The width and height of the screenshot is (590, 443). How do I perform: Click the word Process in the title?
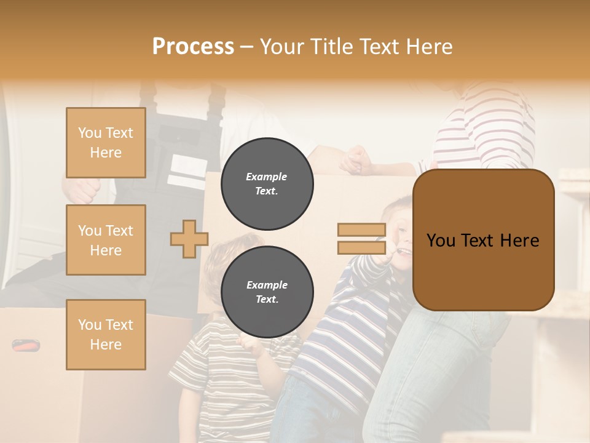point(193,47)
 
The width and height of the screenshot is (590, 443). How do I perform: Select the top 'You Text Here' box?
point(106,143)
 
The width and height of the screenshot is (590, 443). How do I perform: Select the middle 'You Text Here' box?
point(106,240)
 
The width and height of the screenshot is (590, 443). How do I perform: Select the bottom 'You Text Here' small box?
point(106,334)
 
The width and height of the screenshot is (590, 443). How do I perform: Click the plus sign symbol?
point(189,239)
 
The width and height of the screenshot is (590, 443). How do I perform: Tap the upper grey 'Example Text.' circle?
point(267,184)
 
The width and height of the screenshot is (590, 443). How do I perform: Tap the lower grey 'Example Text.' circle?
point(267,292)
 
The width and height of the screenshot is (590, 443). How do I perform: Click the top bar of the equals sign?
point(361,230)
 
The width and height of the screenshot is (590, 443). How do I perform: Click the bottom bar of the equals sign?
point(361,248)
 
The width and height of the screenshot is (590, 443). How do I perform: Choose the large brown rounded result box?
point(483,240)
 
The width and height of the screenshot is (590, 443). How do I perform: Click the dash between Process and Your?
point(246,47)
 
